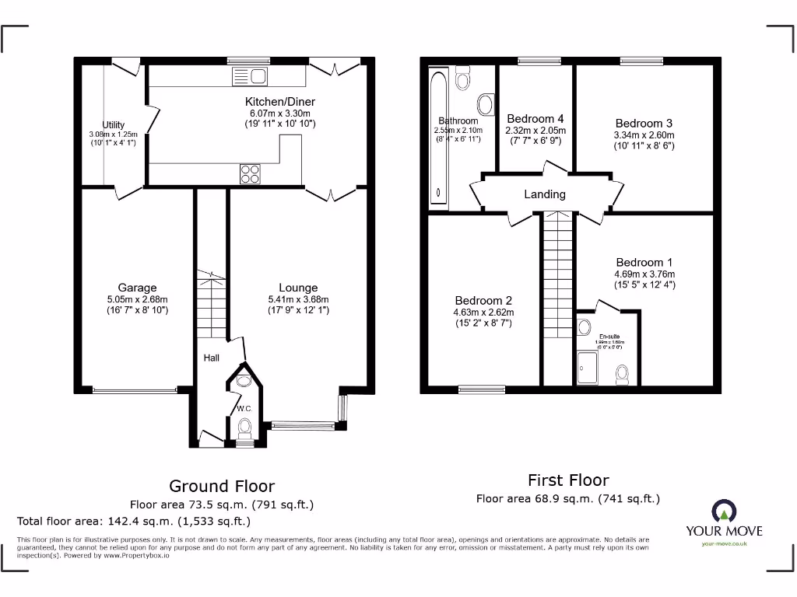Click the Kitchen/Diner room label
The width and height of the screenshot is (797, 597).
(x=280, y=102)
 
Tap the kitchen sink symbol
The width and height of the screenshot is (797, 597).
(x=250, y=75)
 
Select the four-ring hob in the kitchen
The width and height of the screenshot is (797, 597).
(x=251, y=174)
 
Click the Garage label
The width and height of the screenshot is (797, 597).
(x=137, y=288)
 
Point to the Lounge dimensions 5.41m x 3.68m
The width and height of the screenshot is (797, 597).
(x=298, y=299)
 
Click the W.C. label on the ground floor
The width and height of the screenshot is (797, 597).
(x=244, y=409)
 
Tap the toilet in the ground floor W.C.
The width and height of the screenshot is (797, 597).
(x=244, y=428)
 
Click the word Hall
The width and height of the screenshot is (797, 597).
(x=212, y=358)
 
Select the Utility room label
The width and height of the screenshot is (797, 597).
(x=114, y=125)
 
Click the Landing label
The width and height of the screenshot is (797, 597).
(x=544, y=194)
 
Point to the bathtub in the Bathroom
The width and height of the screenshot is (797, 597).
(x=438, y=140)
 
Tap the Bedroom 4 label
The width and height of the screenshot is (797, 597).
(x=535, y=119)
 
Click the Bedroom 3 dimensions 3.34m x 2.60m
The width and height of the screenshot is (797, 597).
(x=644, y=135)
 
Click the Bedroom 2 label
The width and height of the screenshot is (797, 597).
(x=483, y=301)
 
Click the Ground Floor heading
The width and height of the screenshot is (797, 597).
(x=222, y=487)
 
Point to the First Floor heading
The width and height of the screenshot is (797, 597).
(x=568, y=480)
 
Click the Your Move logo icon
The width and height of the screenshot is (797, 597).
(x=723, y=511)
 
